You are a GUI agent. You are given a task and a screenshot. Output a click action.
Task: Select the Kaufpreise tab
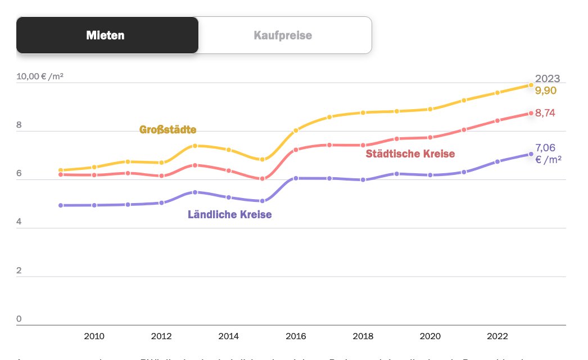click(x=283, y=35)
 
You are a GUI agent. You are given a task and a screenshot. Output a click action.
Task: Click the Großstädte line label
click(x=168, y=130)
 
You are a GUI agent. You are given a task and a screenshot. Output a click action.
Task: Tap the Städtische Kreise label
click(x=410, y=154)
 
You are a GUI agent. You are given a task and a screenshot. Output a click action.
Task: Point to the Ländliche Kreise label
click(x=230, y=214)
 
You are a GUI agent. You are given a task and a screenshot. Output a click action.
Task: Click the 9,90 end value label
click(x=545, y=91)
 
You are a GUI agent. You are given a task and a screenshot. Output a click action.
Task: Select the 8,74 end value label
click(x=545, y=113)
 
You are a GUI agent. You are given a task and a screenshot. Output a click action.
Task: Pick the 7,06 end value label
click(x=545, y=148)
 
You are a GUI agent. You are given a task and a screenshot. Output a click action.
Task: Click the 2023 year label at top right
click(x=548, y=79)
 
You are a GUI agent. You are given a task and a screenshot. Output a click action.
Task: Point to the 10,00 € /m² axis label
click(x=40, y=76)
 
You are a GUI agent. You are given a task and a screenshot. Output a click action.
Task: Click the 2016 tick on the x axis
click(x=296, y=336)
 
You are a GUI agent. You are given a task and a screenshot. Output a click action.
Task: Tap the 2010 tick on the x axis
click(x=94, y=336)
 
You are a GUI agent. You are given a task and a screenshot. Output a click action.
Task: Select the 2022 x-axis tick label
click(x=497, y=336)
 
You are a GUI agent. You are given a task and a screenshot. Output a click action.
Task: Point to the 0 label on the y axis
click(x=19, y=319)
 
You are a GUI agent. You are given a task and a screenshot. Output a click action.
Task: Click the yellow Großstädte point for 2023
click(x=531, y=85)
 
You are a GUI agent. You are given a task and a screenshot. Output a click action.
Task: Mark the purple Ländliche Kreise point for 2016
click(x=296, y=178)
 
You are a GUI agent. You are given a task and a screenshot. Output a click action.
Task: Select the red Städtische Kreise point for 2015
click(x=262, y=179)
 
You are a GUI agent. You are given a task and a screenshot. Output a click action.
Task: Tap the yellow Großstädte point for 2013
click(x=195, y=146)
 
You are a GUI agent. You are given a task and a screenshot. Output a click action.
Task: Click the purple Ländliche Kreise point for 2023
click(x=531, y=154)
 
